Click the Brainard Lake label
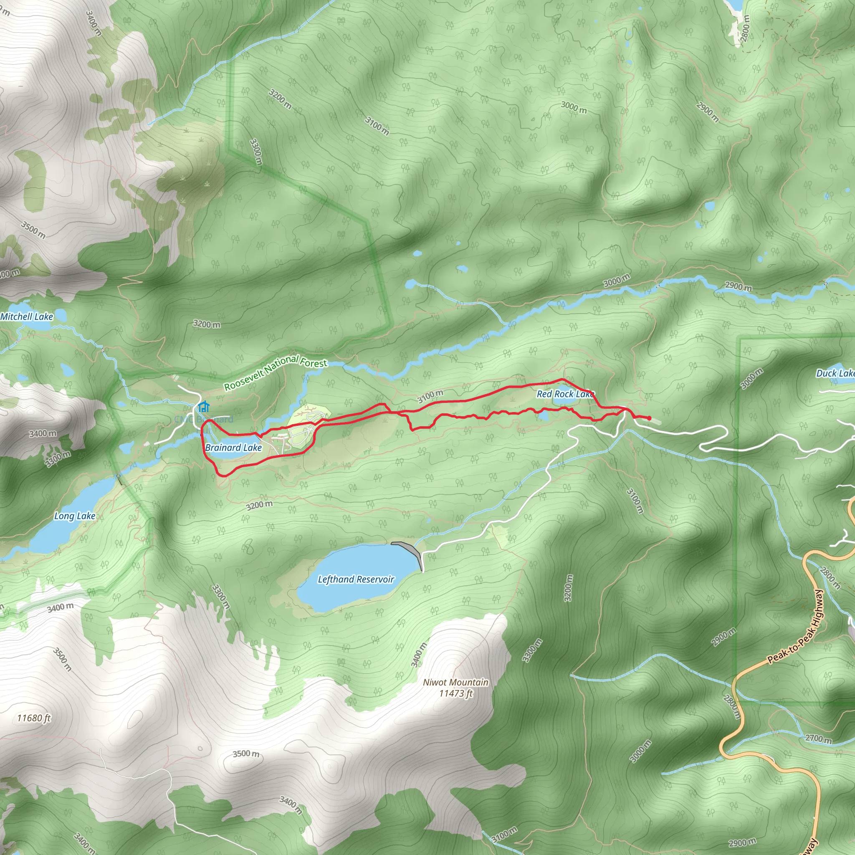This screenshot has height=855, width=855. [x=233, y=448]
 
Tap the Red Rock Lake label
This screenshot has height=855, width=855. [x=565, y=394]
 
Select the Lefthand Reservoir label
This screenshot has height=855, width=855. [x=356, y=579]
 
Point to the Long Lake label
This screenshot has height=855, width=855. [x=75, y=516]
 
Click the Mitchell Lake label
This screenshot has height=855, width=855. [x=27, y=316]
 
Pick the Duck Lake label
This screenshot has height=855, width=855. [x=835, y=373]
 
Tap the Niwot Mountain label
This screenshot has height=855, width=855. [x=455, y=683]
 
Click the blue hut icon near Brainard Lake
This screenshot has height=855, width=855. [x=204, y=406]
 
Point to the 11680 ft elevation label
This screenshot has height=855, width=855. [x=34, y=718]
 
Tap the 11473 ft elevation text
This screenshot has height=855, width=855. [x=455, y=693]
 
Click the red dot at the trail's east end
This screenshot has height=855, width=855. [x=649, y=418]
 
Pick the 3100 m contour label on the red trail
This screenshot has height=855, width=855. [x=430, y=397]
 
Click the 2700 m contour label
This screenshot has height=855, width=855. [x=818, y=739]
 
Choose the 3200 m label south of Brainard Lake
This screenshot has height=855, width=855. [x=259, y=505]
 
